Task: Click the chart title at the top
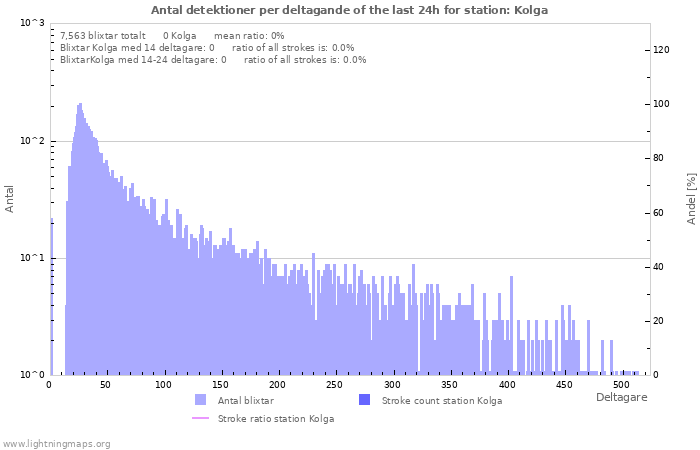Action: pyautogui.click(x=349, y=9)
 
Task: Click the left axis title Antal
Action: pyautogui.click(x=10, y=198)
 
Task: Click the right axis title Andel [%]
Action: pyautogui.click(x=689, y=198)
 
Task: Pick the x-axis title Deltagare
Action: pyautogui.click(x=621, y=398)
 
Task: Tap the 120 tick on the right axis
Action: pyautogui.click(x=662, y=49)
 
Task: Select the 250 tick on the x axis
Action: pyautogui.click(x=335, y=385)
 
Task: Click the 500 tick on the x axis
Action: pyautogui.click(x=620, y=385)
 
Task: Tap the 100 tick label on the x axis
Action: pyautogui.click(x=164, y=385)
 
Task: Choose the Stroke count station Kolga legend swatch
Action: pyautogui.click(x=365, y=400)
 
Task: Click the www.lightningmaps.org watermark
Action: pyautogui.click(x=56, y=443)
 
